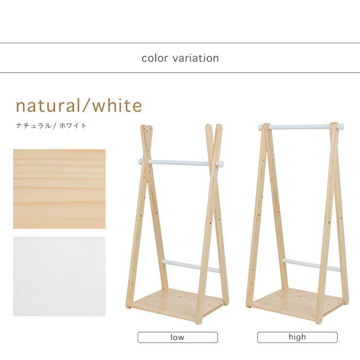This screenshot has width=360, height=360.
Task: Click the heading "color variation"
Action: pos(180,58)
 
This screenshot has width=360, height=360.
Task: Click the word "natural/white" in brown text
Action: pos(79,105)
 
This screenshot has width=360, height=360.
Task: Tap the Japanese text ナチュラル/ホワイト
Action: pos(51,125)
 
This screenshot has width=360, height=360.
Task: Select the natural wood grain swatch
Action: pos(59,189)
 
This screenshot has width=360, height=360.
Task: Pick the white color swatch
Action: pos(59,276)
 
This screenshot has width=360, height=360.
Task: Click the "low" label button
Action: pos(178,337)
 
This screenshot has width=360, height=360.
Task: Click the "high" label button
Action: pos(297,337)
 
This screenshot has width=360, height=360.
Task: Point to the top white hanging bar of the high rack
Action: pos(301,127)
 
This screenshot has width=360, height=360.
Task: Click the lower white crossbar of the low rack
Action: pos(191,266)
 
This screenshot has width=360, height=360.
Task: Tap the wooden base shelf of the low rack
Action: pos(177,303)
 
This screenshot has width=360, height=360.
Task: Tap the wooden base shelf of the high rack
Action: pos(297,303)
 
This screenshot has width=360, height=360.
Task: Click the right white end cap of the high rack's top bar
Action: pos(341,126)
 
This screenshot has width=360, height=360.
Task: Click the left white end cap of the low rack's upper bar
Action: pos(141,161)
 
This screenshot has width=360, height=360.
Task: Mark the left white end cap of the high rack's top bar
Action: pos(260,127)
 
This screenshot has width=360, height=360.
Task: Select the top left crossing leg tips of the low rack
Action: pos(146,129)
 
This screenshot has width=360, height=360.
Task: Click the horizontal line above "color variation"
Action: pos(180,43)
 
